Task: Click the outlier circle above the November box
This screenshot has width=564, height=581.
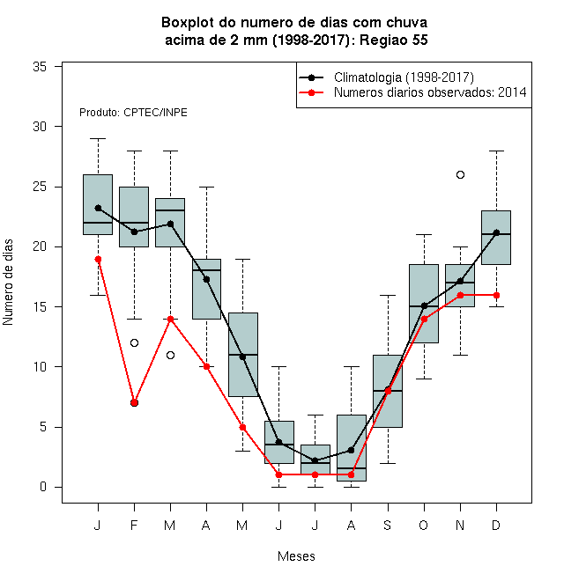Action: (x=460, y=174)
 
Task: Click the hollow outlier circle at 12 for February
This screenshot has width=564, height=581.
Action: (x=134, y=342)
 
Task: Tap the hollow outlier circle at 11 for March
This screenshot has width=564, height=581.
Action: (x=170, y=355)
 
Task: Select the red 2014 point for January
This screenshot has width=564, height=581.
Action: (x=98, y=259)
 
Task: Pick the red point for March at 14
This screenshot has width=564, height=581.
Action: (x=170, y=319)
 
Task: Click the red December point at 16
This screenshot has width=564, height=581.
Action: (x=496, y=295)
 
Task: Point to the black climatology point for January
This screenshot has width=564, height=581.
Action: (x=98, y=209)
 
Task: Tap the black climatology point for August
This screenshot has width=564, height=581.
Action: (x=351, y=450)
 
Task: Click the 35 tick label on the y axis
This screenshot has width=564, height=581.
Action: (x=40, y=67)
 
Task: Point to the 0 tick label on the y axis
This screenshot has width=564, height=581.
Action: (x=43, y=487)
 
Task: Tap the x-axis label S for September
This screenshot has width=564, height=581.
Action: (x=388, y=525)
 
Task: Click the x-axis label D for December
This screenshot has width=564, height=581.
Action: (x=496, y=525)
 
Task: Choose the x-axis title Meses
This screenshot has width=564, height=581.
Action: (x=296, y=556)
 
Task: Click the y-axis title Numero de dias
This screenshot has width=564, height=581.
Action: (x=8, y=283)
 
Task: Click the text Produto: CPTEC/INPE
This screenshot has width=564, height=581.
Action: (x=133, y=113)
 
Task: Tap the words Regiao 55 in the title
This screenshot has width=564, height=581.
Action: (x=394, y=40)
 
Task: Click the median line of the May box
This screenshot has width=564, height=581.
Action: (x=243, y=355)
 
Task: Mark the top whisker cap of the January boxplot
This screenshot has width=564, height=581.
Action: (x=98, y=138)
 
